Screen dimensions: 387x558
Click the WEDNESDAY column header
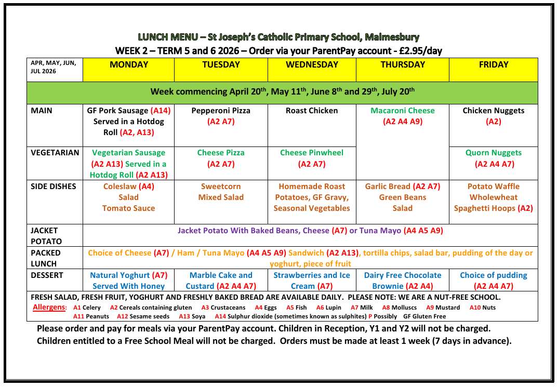[312, 65]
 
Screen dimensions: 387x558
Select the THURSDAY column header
[403, 65]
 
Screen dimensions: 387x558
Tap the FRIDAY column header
[493, 65]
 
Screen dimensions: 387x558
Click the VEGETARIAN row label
[55, 153]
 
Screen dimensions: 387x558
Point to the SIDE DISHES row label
[54, 186]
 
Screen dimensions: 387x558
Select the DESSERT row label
[47, 275]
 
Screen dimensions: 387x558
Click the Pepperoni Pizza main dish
[221, 111]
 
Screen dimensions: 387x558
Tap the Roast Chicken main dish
[312, 111]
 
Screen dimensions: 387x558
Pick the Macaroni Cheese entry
[403, 111]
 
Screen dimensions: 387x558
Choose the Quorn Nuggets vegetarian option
[494, 153]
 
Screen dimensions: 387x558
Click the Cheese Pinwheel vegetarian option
[312, 153]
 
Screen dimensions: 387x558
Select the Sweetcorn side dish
[221, 186]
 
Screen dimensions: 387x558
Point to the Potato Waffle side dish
[494, 186]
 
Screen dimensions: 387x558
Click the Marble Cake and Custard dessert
[221, 281]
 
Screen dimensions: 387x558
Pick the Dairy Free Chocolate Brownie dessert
[403, 281]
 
